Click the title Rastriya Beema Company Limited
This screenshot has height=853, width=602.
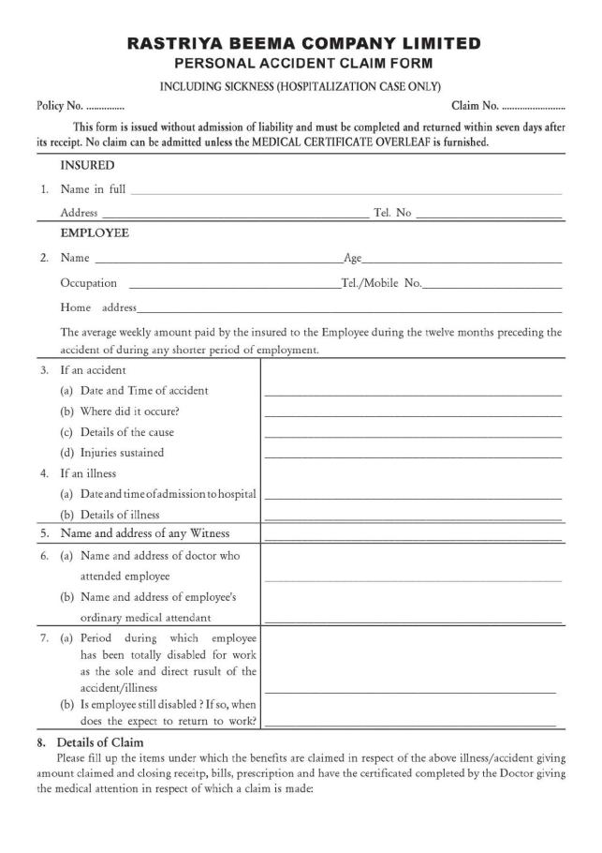(x=304, y=43)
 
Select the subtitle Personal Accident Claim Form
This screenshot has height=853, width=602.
(x=304, y=63)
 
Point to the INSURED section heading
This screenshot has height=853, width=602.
(x=87, y=165)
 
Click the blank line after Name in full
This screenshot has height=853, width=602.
(x=346, y=192)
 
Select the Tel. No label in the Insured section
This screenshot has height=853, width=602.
(x=392, y=214)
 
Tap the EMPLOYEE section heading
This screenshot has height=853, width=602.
(x=95, y=232)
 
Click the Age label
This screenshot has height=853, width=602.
(x=353, y=258)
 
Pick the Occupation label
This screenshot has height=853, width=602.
(x=89, y=283)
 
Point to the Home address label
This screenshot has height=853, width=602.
(x=98, y=307)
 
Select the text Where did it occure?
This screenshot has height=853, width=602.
(x=133, y=411)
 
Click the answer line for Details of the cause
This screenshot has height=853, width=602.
(x=413, y=436)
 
